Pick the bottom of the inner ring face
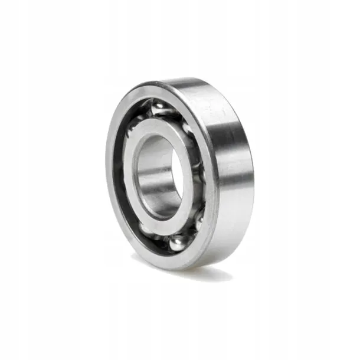pyautogui.click(x=165, y=222)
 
